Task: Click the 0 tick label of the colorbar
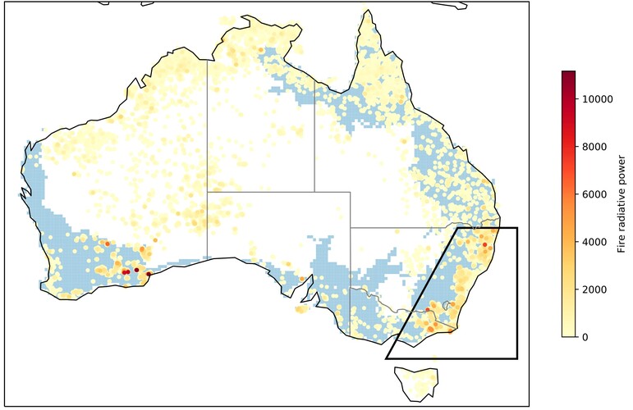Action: point(585,337)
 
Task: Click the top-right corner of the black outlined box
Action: point(516,228)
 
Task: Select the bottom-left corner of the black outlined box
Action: point(386,358)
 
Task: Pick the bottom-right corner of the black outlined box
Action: point(516,358)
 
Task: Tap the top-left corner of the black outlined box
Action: point(456,228)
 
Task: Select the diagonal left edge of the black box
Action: point(421,293)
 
